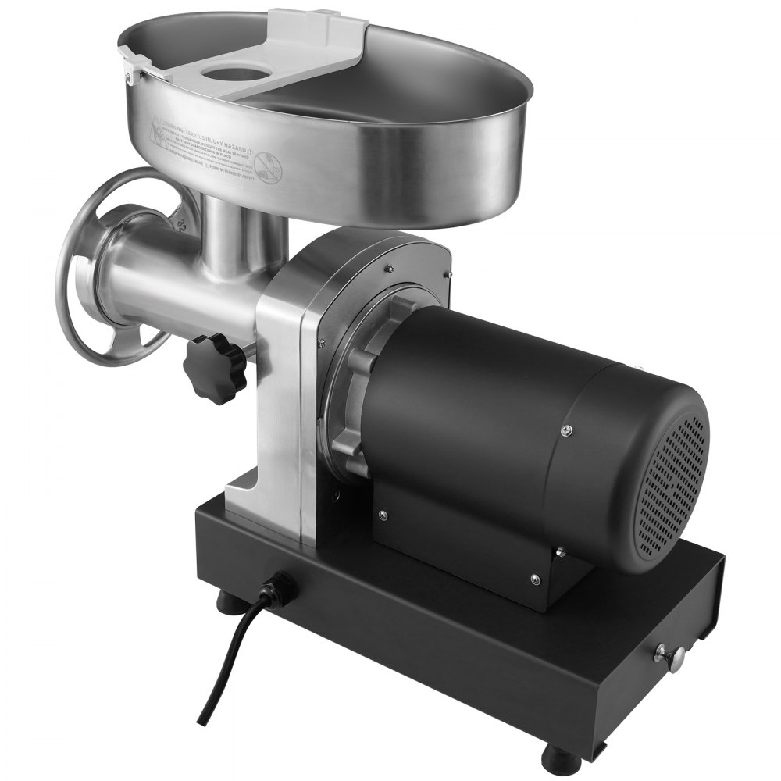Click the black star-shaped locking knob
click(215, 367)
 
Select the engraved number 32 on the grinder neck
click(181, 226)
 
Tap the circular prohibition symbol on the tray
click(269, 166)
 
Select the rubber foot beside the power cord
click(230, 602)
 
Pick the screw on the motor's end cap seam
click(566, 429)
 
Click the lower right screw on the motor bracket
click(535, 579)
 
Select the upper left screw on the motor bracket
click(382, 515)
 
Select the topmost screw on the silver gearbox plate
click(388, 269)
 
